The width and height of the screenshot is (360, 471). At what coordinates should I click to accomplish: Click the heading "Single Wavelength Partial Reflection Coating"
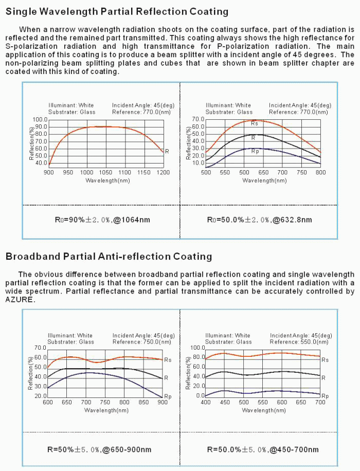coord(117,11)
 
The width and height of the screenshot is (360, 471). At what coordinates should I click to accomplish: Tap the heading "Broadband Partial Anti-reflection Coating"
coord(109,256)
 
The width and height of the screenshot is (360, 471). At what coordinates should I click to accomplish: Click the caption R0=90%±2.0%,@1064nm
coord(103,220)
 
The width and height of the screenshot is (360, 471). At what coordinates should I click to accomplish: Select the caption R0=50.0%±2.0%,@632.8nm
coord(259,220)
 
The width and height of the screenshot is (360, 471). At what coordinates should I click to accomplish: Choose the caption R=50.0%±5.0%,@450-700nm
coord(262,449)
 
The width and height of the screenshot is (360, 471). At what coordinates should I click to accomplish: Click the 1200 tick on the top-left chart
coord(163,173)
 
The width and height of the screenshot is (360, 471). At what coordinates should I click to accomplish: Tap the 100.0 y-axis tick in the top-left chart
coord(40,120)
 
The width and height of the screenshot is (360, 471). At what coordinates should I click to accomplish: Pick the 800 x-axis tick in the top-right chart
coord(320,173)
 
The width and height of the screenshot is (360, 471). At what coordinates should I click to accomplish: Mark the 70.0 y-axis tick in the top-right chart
coord(198,120)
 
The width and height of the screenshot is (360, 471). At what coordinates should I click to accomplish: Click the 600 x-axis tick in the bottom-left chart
coord(48,403)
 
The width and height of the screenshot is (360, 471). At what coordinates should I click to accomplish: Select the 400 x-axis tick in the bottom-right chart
coord(206,403)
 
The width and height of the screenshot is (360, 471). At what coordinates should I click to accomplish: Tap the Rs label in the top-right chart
coord(254,123)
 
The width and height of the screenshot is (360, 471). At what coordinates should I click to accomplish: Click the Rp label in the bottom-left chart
coord(168,396)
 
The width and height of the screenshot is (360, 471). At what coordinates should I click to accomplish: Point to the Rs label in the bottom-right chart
coord(325,360)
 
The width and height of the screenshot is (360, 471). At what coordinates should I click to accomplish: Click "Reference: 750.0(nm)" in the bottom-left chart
coord(141,342)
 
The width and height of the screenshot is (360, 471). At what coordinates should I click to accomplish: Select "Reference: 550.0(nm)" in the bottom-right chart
coord(299,342)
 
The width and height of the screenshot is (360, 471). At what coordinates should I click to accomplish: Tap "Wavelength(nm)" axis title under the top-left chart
coord(106,180)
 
